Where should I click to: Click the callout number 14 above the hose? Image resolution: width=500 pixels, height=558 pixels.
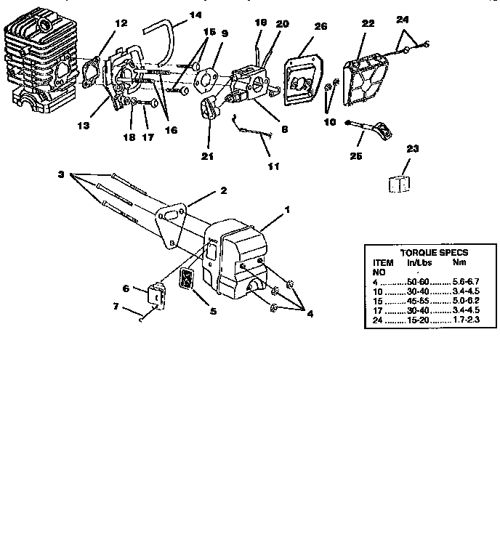point(175,14)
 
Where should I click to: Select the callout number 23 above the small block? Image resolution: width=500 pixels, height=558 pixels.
point(412,149)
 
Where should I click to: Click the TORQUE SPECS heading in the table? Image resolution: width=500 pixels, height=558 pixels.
point(434,253)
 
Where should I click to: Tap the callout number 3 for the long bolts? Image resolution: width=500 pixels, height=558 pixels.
point(62,175)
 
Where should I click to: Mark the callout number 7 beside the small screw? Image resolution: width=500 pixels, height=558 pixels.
point(116,307)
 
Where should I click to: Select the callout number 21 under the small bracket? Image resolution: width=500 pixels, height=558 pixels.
point(207,155)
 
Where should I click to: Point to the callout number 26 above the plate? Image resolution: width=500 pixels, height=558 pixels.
point(320,27)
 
